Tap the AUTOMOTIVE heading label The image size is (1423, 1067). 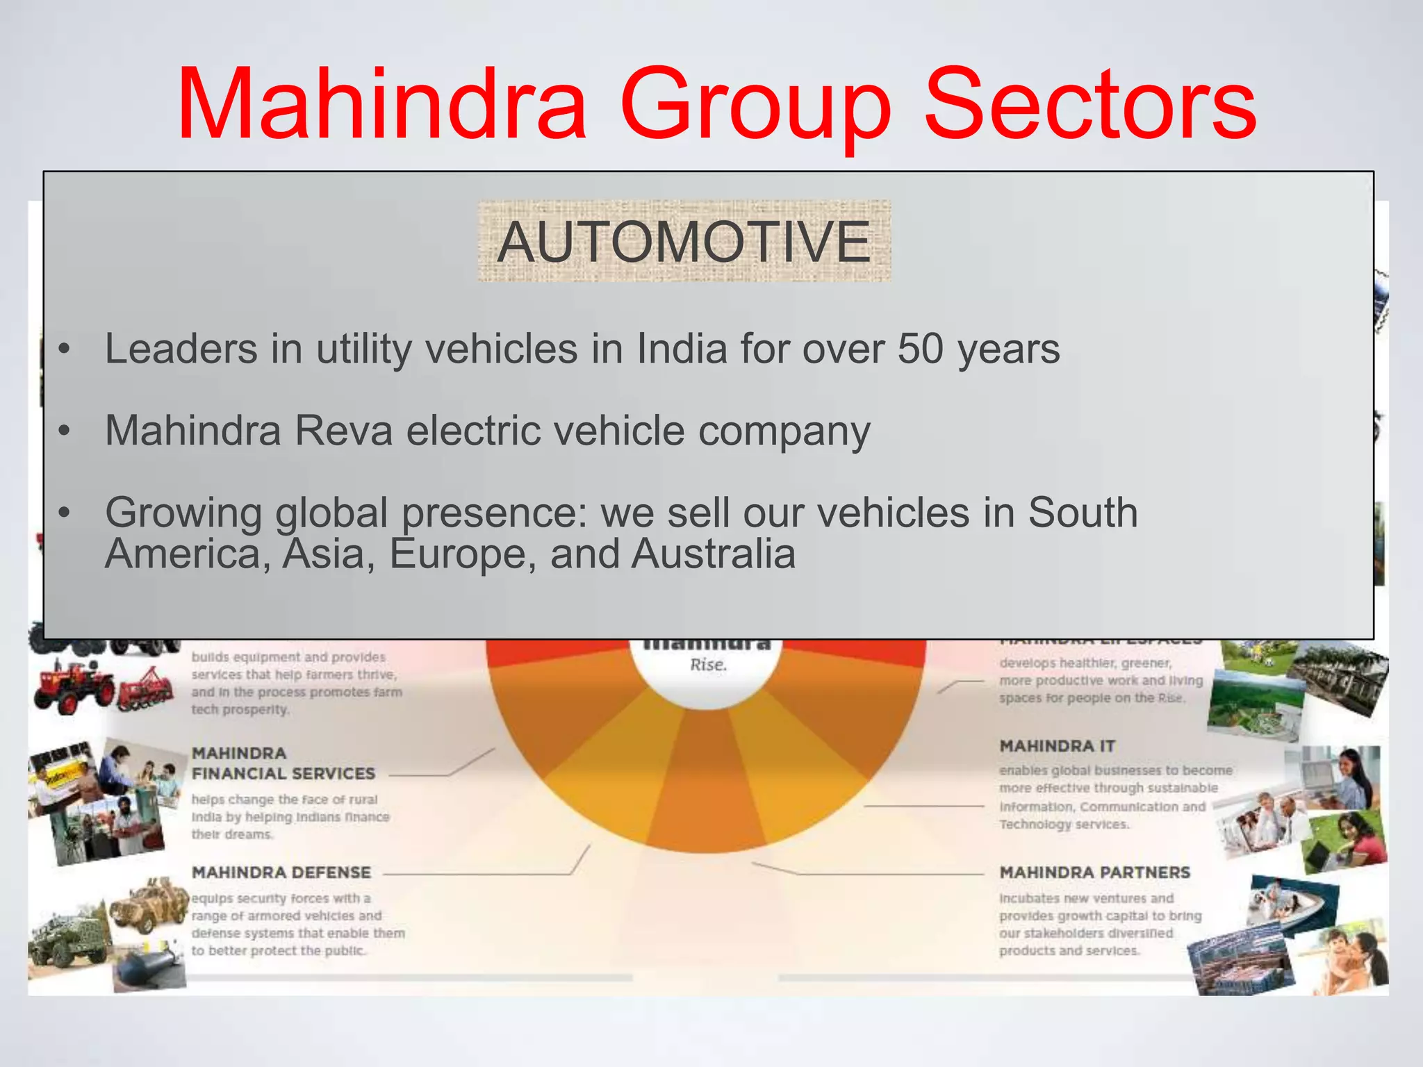684,241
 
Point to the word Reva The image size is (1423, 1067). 344,430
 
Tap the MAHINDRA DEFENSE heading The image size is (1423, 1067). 281,872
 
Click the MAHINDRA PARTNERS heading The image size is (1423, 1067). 1094,872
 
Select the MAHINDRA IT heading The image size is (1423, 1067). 1057,746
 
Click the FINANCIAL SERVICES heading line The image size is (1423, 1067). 283,773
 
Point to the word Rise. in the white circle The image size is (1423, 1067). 708,665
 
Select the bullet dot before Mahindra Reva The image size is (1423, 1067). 65,431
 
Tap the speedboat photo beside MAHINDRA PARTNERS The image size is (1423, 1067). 1292,903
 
